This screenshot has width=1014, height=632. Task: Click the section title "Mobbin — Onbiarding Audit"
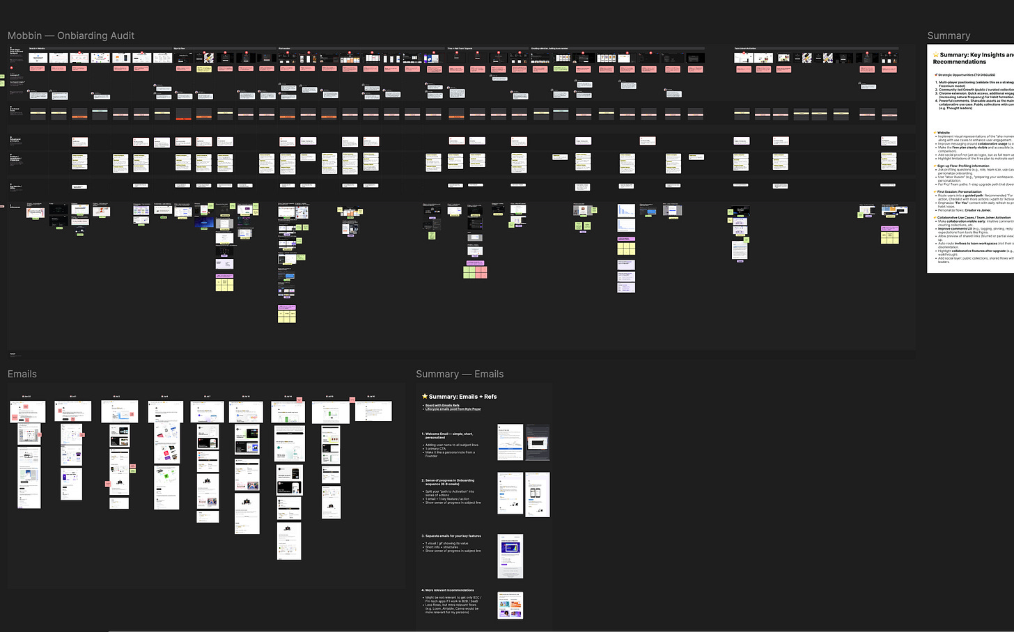tap(71, 35)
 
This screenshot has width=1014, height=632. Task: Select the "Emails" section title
tap(22, 374)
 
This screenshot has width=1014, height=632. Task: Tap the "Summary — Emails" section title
tap(460, 374)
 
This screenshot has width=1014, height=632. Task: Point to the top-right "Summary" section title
tap(949, 35)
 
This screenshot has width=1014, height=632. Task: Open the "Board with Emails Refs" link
tap(442, 405)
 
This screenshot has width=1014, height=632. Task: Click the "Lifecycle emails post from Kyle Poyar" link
tap(453, 409)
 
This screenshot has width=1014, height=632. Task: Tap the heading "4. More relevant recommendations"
tap(449, 590)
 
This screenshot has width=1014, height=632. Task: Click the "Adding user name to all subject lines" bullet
tap(452, 445)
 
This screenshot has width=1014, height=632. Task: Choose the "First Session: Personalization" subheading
tap(961, 191)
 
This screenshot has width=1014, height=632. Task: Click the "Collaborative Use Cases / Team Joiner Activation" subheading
tap(974, 217)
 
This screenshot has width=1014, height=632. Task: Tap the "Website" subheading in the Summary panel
tap(944, 132)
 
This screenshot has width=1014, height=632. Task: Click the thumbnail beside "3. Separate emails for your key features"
tap(510, 556)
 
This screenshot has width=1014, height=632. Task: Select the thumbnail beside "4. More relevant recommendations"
tap(510, 605)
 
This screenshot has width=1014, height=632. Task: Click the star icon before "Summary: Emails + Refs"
tap(425, 397)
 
